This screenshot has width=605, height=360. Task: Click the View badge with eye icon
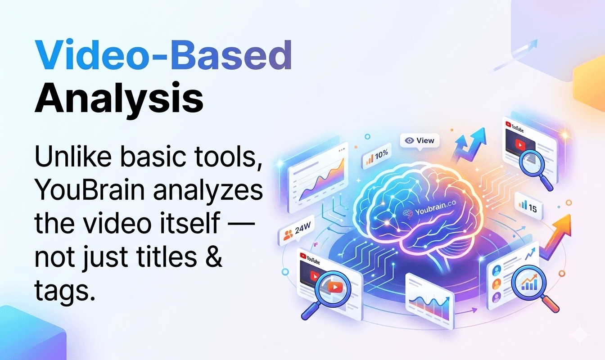click(420, 140)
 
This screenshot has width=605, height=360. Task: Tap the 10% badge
click(377, 156)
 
